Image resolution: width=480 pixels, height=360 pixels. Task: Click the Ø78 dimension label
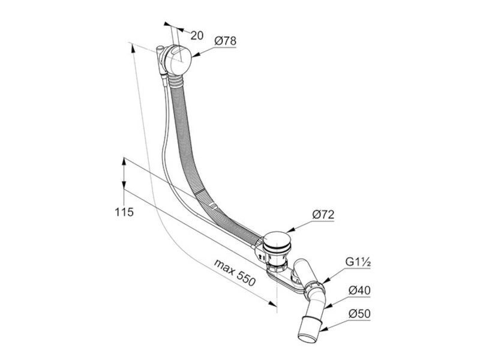click(x=226, y=41)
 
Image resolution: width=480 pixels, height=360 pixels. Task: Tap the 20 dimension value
click(x=197, y=35)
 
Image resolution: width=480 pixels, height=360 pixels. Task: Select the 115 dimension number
click(x=124, y=212)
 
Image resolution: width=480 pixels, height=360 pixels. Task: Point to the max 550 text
click(x=235, y=272)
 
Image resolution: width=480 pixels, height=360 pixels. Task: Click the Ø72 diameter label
click(x=323, y=215)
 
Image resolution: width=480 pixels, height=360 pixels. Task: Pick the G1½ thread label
click(x=358, y=262)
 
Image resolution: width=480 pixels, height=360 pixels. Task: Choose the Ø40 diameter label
click(x=359, y=290)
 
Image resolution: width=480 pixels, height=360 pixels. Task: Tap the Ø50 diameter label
click(x=359, y=314)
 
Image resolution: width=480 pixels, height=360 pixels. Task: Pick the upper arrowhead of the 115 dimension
click(x=124, y=161)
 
